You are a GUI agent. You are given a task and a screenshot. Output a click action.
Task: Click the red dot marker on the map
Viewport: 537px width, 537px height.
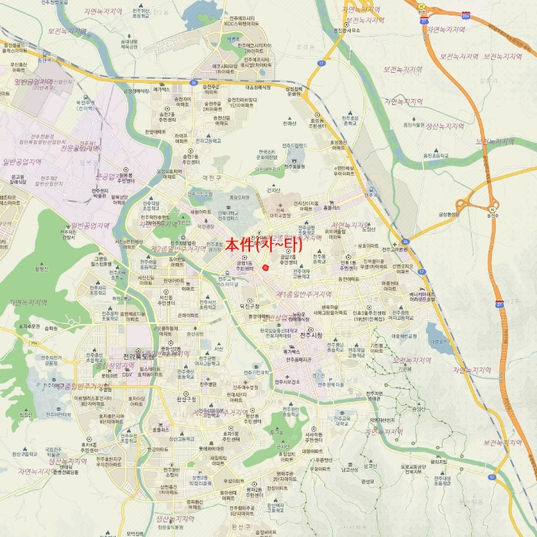point(265,268)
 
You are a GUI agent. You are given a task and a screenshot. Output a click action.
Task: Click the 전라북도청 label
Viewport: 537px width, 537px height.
point(139,356)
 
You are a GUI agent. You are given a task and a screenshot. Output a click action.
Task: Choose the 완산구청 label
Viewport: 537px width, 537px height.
point(186,399)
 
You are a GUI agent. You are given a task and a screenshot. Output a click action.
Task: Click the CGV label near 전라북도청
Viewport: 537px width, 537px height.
point(127,374)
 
